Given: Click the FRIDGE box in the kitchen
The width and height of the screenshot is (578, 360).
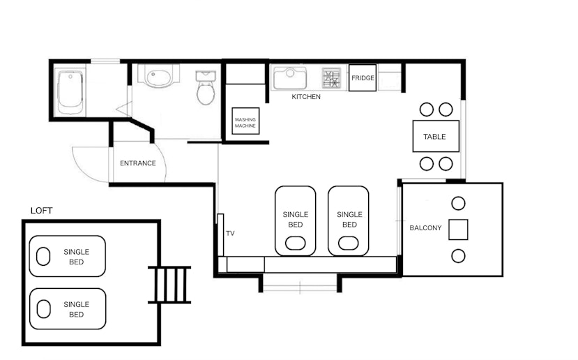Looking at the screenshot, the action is tap(363, 78).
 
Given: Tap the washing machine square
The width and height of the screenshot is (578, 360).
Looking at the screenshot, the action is tap(245, 121).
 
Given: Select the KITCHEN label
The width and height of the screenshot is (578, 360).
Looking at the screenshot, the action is tap(306, 97).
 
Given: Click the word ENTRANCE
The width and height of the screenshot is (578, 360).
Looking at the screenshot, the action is tap(138, 163).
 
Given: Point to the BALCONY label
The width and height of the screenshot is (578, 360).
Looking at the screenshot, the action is tap(425, 228).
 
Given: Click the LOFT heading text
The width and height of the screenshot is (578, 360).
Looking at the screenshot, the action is tap(42, 211).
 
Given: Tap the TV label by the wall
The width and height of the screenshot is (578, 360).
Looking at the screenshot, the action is tap(230, 233).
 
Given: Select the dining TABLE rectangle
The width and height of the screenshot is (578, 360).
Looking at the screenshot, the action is tap(436, 136).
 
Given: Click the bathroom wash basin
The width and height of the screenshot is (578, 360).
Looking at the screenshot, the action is tap(158, 76).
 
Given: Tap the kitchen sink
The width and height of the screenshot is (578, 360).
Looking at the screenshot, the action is tap(290, 78).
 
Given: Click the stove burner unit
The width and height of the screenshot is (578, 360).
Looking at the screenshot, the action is tap(331, 78).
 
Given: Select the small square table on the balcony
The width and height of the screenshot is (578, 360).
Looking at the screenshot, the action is tap(458, 230).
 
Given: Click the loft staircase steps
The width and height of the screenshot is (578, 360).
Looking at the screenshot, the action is tap(170, 285).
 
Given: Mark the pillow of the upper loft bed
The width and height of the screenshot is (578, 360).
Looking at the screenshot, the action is tap(43, 256).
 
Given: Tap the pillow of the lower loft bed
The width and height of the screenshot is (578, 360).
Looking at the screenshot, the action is tap(43, 309).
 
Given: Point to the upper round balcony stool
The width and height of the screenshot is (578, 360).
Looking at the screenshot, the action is tap(458, 203).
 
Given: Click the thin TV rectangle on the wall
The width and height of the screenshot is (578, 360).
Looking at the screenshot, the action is tap(220, 235).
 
